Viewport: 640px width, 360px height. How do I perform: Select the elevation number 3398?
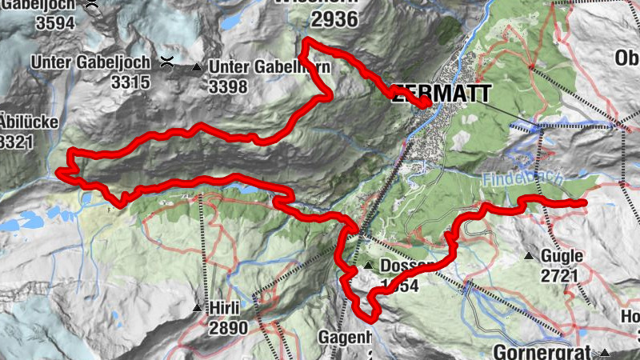(229, 86)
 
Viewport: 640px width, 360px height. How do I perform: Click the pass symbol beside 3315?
(167, 62)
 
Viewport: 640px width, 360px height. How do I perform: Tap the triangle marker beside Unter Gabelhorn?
(197, 67)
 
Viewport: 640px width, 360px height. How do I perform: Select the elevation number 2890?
(228, 327)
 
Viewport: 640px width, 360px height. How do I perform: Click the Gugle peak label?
(561, 256)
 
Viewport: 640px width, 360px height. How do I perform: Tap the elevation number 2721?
(560, 276)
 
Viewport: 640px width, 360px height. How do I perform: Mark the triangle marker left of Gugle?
(529, 256)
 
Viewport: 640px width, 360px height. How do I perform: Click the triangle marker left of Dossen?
(367, 266)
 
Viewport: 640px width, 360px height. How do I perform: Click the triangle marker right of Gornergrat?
(606, 352)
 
